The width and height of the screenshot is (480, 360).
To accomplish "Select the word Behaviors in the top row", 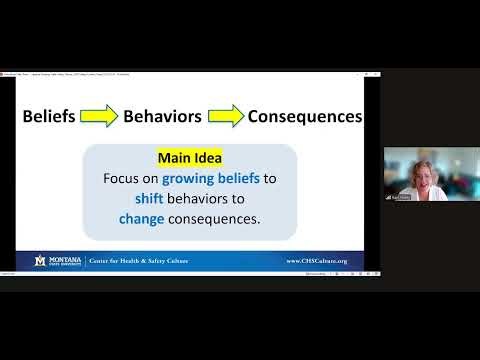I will pos(162,116).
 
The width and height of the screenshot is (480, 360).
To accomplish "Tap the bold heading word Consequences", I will pos(304,116).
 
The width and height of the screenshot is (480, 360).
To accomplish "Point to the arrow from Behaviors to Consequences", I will pos(224,116).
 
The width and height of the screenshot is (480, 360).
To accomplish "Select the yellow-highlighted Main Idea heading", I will pos(189,158).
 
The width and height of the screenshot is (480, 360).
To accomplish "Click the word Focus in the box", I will pos(124,179).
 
